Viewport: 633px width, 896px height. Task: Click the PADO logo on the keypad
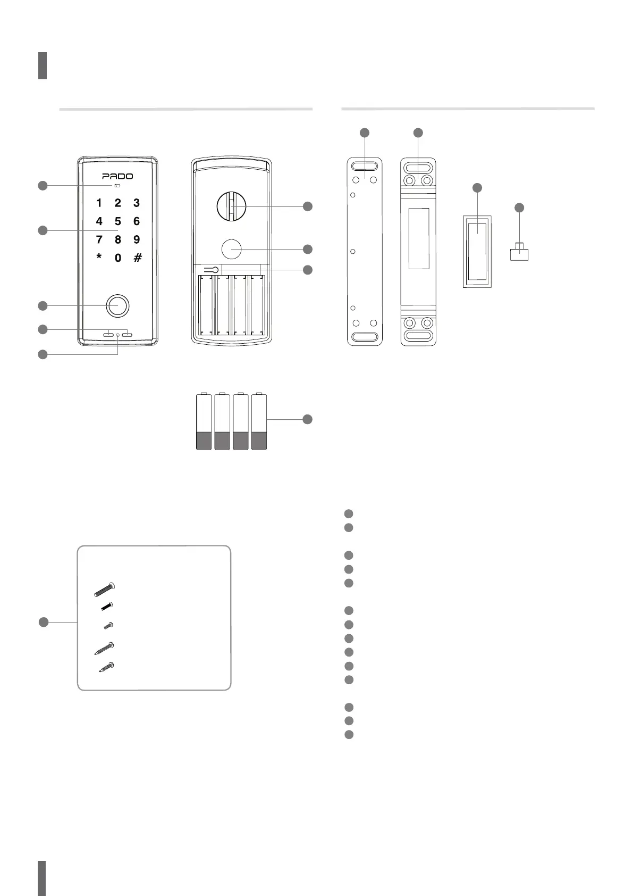[x=117, y=176]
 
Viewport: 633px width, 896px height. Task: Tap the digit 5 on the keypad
[x=117, y=221]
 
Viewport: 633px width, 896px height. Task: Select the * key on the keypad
[x=99, y=258]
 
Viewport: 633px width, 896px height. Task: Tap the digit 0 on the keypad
[x=117, y=258]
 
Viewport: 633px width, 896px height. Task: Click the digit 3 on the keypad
[x=137, y=203]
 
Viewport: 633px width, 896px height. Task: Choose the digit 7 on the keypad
[x=99, y=240]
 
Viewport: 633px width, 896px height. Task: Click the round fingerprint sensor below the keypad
[x=117, y=306]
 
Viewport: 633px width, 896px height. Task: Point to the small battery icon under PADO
[x=117, y=186]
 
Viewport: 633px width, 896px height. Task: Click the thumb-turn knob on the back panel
[x=231, y=206]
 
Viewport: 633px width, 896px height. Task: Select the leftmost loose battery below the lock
[x=204, y=422]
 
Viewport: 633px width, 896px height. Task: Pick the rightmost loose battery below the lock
[x=259, y=422]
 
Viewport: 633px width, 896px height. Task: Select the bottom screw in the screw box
[x=106, y=667]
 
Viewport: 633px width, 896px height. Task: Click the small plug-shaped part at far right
[x=519, y=253]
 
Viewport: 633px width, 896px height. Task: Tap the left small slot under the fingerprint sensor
[x=108, y=335]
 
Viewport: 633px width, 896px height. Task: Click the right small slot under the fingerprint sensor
[x=126, y=335]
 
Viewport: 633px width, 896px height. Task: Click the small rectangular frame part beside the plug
[x=477, y=252]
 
